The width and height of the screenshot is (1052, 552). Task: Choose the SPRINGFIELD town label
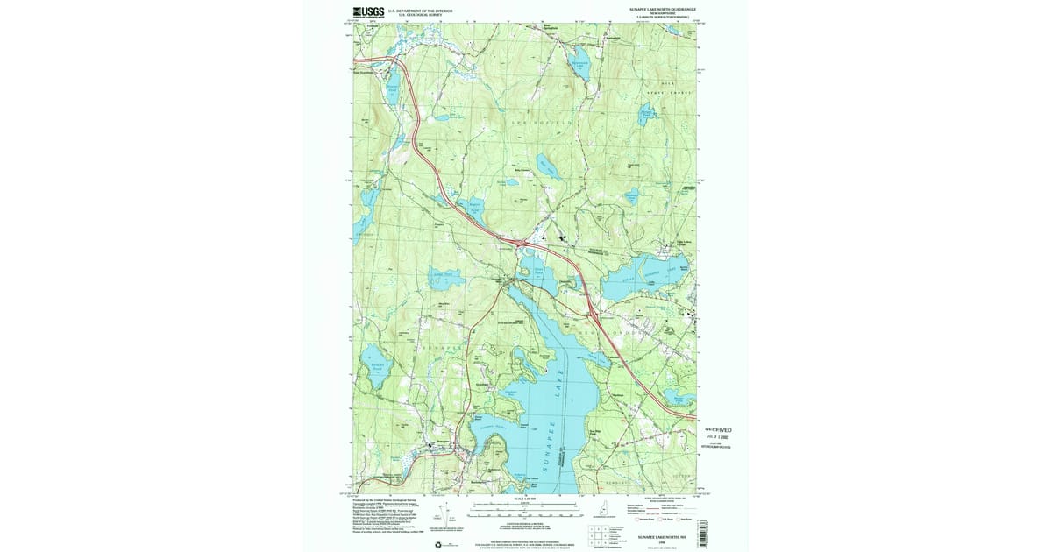tap(540, 124)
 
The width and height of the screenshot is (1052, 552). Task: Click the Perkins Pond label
tap(379, 364)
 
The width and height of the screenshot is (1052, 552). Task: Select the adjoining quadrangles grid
tap(600, 534)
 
